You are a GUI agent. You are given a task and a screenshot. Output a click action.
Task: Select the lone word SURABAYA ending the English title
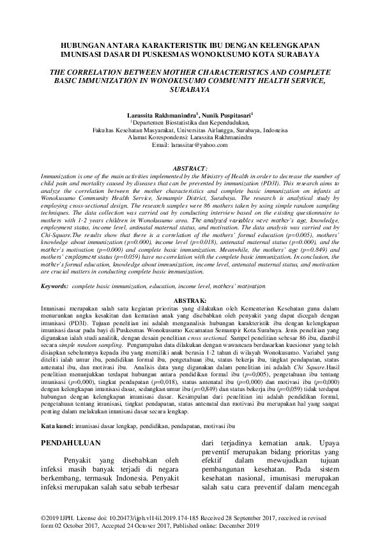(190, 91)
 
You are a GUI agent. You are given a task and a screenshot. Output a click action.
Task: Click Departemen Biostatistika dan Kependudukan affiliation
(190, 120)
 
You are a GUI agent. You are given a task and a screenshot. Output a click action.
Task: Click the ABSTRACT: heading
(190, 167)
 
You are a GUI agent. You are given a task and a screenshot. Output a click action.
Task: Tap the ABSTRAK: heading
(190, 299)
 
